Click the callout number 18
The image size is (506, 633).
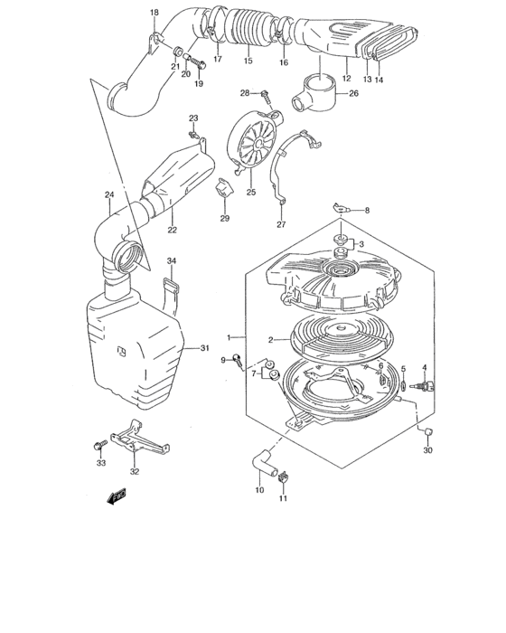(x=154, y=12)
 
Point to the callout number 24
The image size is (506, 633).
(x=108, y=194)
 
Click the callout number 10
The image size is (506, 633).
(x=259, y=490)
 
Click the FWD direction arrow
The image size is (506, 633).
(x=117, y=496)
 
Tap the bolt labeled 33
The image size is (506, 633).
(x=98, y=446)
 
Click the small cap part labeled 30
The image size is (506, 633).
(x=427, y=428)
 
